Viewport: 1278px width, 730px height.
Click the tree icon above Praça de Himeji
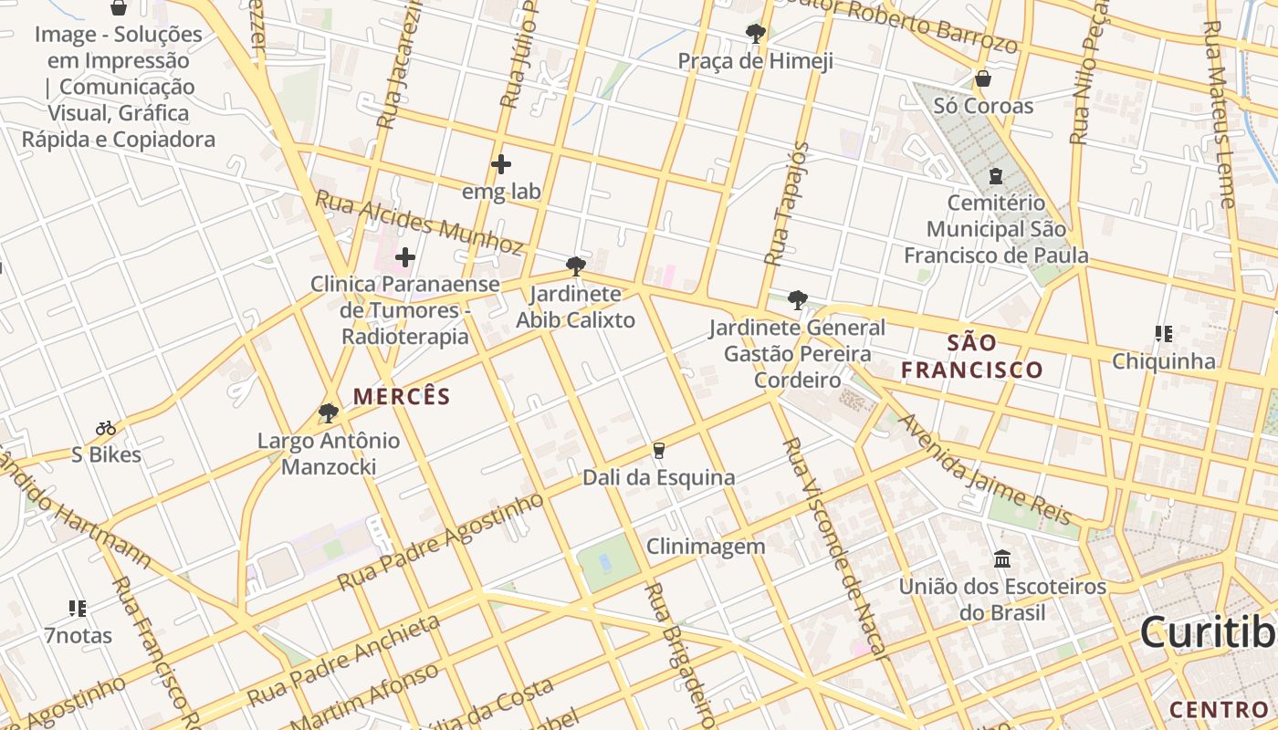pyautogui.click(x=755, y=34)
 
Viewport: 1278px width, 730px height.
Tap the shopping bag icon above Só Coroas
pyautogui.click(x=982, y=78)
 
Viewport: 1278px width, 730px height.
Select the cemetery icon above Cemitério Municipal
pyautogui.click(x=995, y=175)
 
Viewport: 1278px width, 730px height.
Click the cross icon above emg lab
pyautogui.click(x=500, y=164)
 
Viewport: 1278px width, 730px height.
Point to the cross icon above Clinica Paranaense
pyautogui.click(x=405, y=257)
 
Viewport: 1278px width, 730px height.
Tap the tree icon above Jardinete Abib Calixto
pyautogui.click(x=575, y=266)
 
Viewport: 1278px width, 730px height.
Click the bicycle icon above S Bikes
pyautogui.click(x=106, y=427)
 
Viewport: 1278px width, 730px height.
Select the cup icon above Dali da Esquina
pyautogui.click(x=657, y=450)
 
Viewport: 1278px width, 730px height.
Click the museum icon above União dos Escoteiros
pyautogui.click(x=1001, y=558)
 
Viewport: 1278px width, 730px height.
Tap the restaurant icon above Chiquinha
pyautogui.click(x=1163, y=334)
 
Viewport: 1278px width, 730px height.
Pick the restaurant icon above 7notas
pyautogui.click(x=78, y=608)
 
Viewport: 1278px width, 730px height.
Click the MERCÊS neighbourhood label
pyautogui.click(x=402, y=396)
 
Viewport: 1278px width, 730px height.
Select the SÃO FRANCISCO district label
pyautogui.click(x=971, y=356)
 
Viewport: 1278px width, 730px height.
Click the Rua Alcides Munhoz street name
pyautogui.click(x=420, y=223)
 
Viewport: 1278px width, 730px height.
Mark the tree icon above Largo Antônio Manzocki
pyautogui.click(x=329, y=413)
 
